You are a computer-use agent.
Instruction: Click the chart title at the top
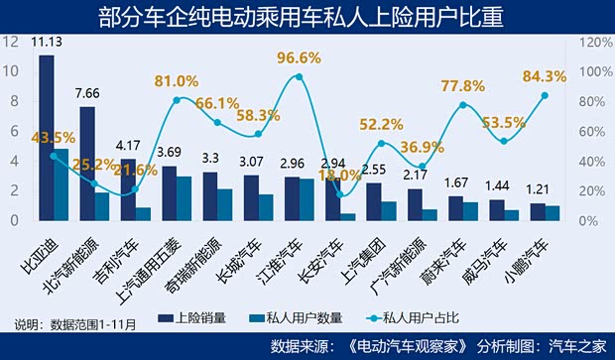tap(307, 16)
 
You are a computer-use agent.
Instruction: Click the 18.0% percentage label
tap(339, 175)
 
